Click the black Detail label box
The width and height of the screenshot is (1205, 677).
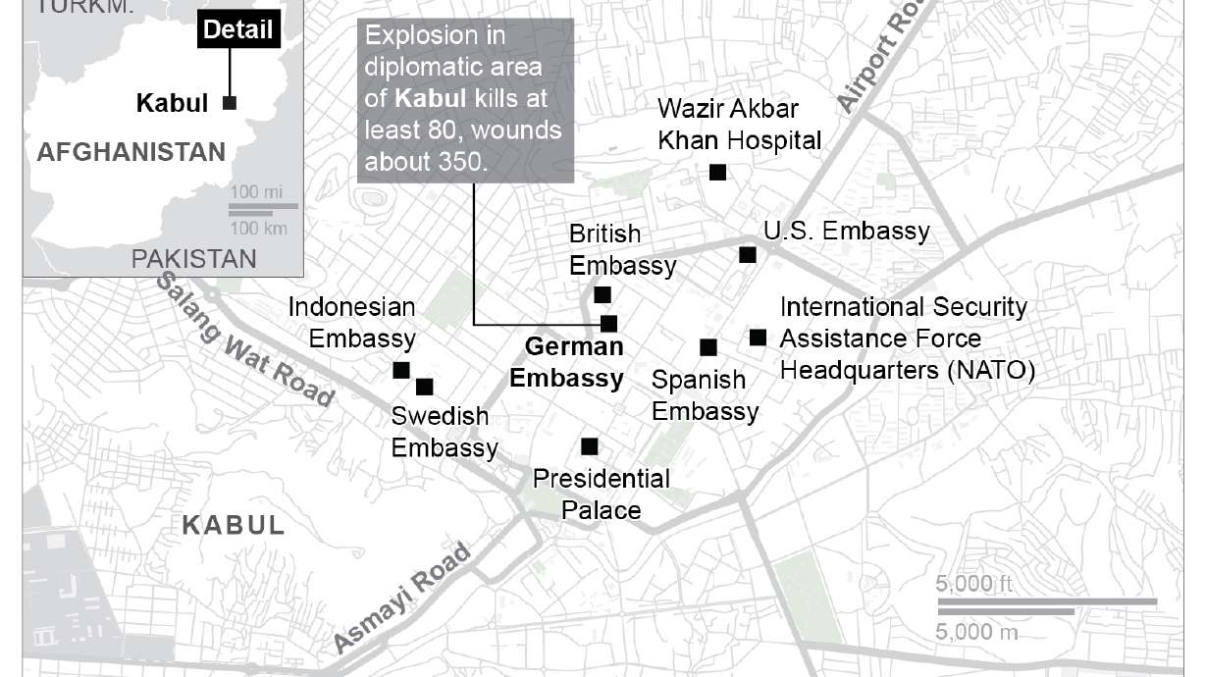tap(238, 28)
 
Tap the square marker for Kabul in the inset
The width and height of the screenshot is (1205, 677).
tap(231, 102)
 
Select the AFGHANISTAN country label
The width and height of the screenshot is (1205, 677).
tap(131, 152)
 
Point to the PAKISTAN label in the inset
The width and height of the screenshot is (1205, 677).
tap(194, 259)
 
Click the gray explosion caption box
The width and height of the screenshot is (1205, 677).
tap(466, 99)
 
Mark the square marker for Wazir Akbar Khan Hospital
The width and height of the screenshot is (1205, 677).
tap(717, 173)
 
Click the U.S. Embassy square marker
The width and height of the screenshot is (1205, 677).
tap(748, 255)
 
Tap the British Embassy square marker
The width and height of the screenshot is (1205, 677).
tap(602, 294)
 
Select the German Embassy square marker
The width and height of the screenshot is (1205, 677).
tap(608, 323)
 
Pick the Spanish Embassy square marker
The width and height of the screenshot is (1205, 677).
tap(707, 347)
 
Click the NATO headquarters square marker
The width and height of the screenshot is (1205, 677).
tap(758, 338)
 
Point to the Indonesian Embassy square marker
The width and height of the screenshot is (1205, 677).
tap(400, 370)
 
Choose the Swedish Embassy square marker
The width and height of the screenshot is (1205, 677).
tap(424, 387)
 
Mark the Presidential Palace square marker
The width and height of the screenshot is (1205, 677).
tap(590, 446)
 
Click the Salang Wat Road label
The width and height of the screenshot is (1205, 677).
tap(245, 338)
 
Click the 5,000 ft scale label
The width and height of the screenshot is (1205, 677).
tap(973, 585)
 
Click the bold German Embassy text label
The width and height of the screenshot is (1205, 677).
tap(566, 362)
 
